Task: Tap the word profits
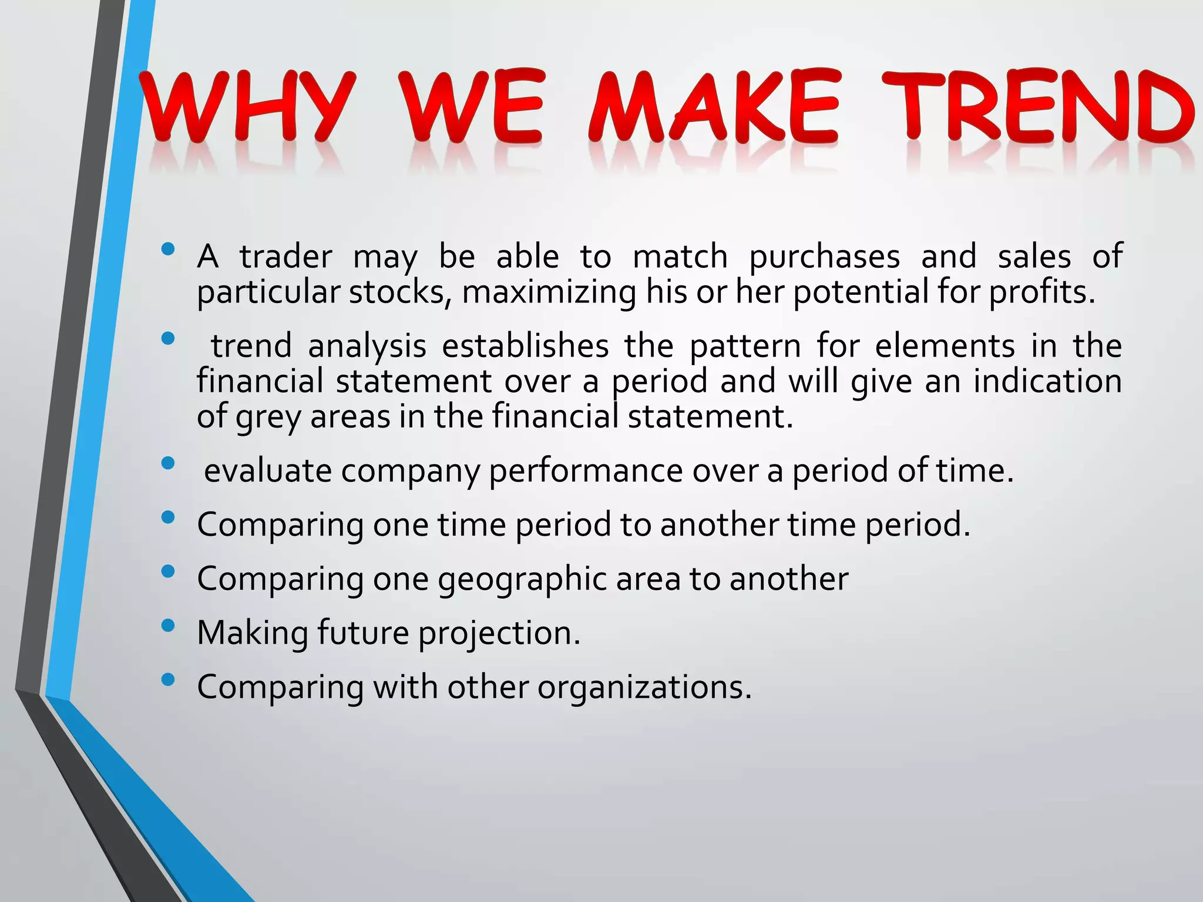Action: coord(1042,292)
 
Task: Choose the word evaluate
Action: coord(267,471)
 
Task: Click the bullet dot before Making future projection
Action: coord(167,625)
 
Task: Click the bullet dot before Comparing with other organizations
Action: coord(167,679)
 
